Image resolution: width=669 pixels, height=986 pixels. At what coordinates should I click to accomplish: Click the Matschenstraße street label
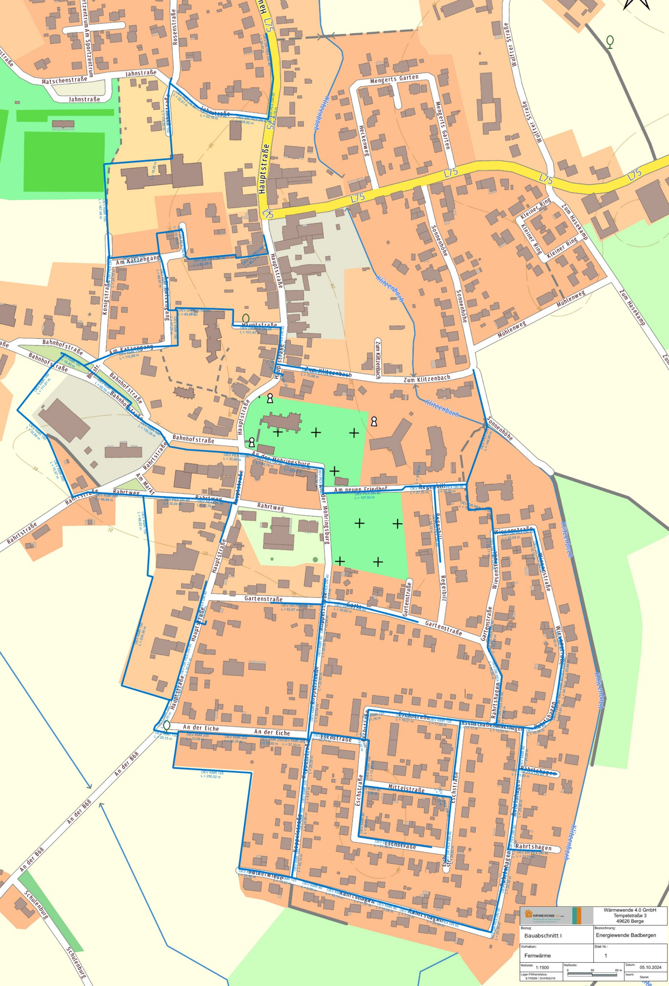(x=64, y=79)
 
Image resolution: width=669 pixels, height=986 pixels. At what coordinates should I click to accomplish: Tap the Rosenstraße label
(x=174, y=27)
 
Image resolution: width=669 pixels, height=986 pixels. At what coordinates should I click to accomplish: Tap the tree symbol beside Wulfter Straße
(x=610, y=42)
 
